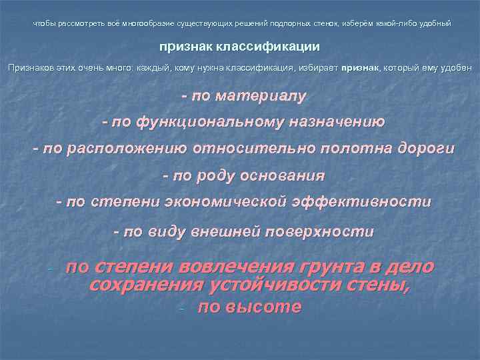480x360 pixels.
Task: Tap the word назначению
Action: (337, 122)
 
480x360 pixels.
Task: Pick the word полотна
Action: (341, 149)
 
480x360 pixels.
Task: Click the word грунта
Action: (344, 267)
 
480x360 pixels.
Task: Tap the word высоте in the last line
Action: (266, 307)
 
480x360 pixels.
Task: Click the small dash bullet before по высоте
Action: (181, 309)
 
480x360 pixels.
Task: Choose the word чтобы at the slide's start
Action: (43, 24)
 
